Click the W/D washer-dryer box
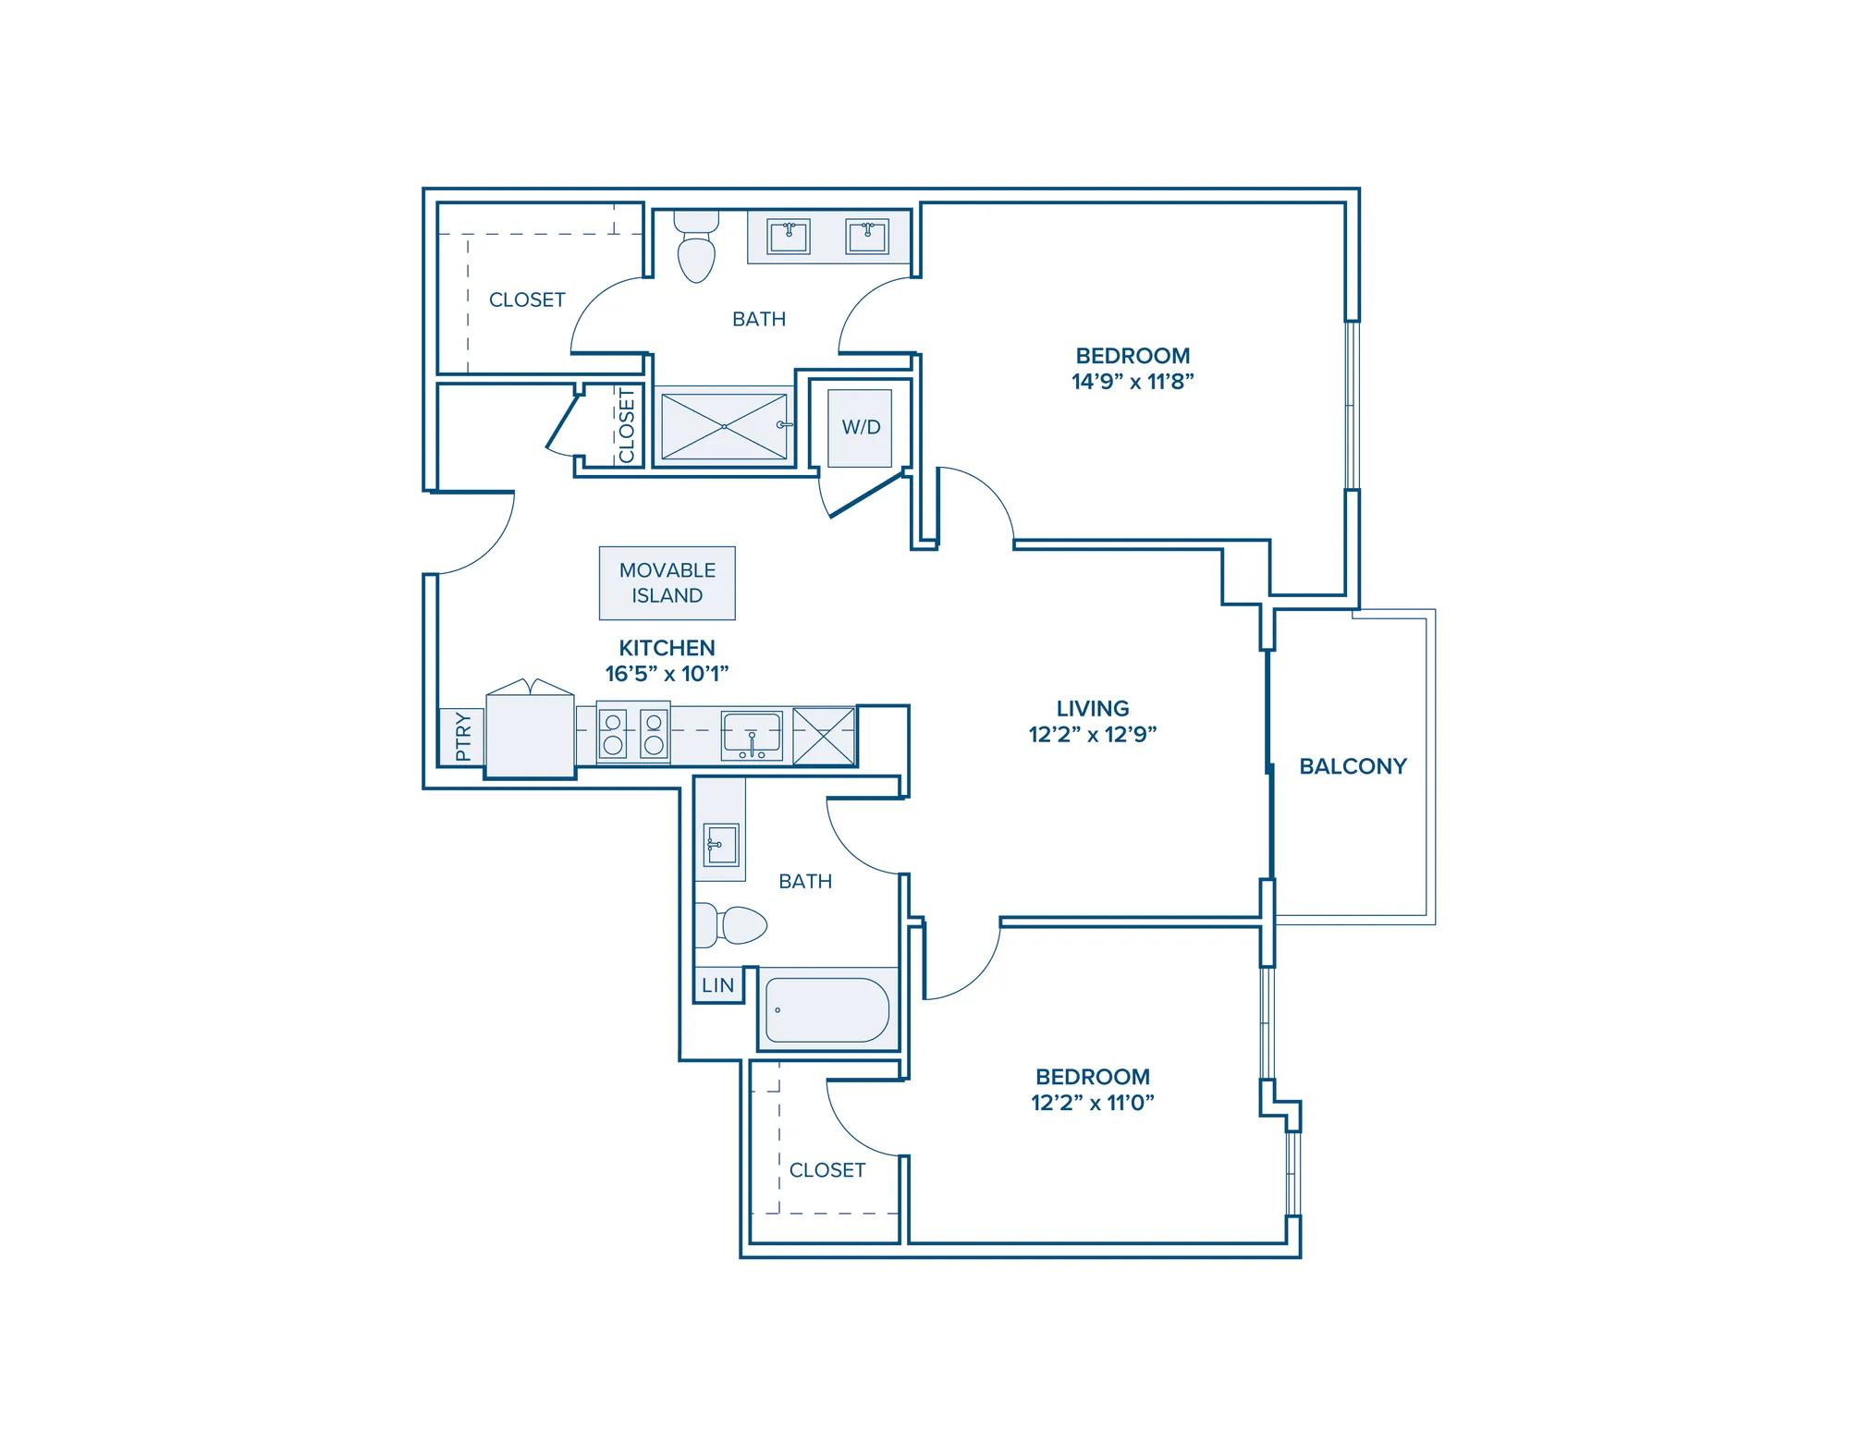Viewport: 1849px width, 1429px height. (x=860, y=427)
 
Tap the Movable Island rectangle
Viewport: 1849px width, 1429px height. (x=667, y=582)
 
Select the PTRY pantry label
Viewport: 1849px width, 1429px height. (x=463, y=737)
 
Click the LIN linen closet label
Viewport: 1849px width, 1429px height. (x=717, y=985)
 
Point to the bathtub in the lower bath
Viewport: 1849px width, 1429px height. (x=827, y=1009)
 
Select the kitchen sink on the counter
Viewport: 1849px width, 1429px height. (x=752, y=735)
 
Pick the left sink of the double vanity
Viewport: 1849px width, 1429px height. (x=789, y=237)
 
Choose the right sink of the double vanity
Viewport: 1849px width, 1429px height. (x=867, y=237)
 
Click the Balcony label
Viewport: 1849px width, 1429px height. (x=1353, y=766)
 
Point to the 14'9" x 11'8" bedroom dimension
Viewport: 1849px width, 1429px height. (x=1133, y=382)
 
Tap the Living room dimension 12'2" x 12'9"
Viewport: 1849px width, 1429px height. (x=1093, y=735)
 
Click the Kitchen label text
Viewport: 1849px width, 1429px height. (x=667, y=648)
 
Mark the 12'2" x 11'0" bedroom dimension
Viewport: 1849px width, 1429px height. (x=1093, y=1103)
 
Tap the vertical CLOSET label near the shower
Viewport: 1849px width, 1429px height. (x=627, y=426)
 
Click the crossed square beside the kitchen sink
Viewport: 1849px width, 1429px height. (x=824, y=736)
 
